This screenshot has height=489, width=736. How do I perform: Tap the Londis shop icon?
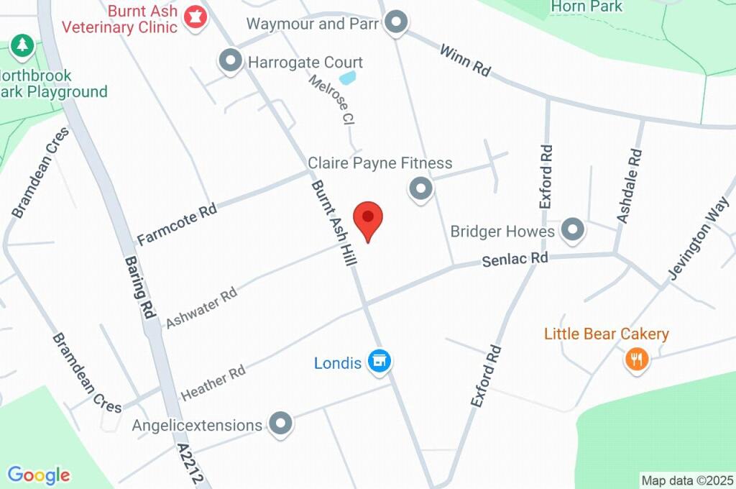[x=379, y=362]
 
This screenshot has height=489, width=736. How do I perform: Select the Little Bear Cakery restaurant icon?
[x=636, y=358]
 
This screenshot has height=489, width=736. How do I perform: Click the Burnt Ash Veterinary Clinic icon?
[x=195, y=17]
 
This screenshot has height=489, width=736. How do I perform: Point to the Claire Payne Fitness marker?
[x=420, y=189]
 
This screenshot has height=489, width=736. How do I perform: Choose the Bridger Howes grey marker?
[x=573, y=231]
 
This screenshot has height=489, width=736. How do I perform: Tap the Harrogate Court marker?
[x=231, y=61]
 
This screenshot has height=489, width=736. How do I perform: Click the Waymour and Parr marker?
[x=395, y=23]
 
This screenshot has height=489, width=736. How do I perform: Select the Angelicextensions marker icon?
[x=280, y=424]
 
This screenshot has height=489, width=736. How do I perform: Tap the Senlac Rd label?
[x=515, y=259]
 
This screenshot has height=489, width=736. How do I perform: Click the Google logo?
[x=39, y=475]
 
